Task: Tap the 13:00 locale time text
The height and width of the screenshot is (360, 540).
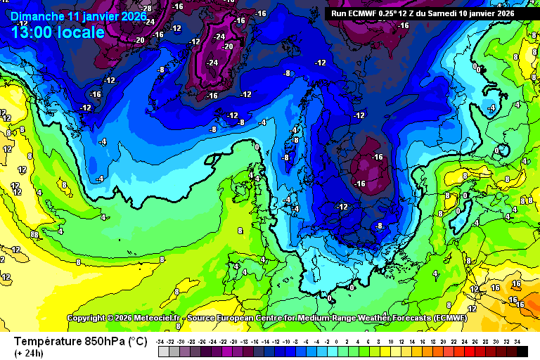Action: pos(58,32)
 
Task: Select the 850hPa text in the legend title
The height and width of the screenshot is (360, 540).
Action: pos(105,341)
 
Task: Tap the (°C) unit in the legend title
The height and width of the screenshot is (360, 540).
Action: pos(136,341)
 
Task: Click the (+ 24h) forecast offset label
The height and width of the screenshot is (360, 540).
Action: pos(29,353)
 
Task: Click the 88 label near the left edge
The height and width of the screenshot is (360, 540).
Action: pos(34,234)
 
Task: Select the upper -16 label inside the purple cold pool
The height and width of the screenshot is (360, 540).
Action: pos(377,157)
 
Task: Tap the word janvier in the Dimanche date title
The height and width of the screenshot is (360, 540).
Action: pos(106,15)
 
